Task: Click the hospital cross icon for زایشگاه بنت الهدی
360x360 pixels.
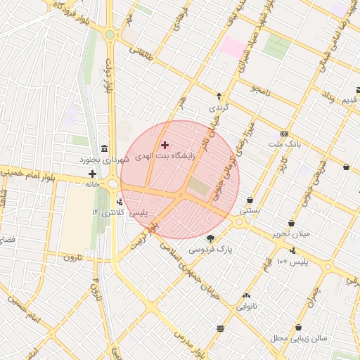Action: point(165,144)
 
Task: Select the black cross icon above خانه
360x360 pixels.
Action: point(92,174)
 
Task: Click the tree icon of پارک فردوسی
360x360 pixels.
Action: point(210,239)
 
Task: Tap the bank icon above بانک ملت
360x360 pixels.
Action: point(284,134)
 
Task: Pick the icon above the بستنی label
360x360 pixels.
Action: point(250,200)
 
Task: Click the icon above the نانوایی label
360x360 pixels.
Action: point(246,296)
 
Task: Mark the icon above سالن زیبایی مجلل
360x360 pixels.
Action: point(300,328)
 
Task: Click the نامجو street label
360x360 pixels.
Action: point(259,90)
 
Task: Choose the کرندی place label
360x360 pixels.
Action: point(218,108)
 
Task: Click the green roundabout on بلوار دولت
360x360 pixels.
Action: point(110,34)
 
